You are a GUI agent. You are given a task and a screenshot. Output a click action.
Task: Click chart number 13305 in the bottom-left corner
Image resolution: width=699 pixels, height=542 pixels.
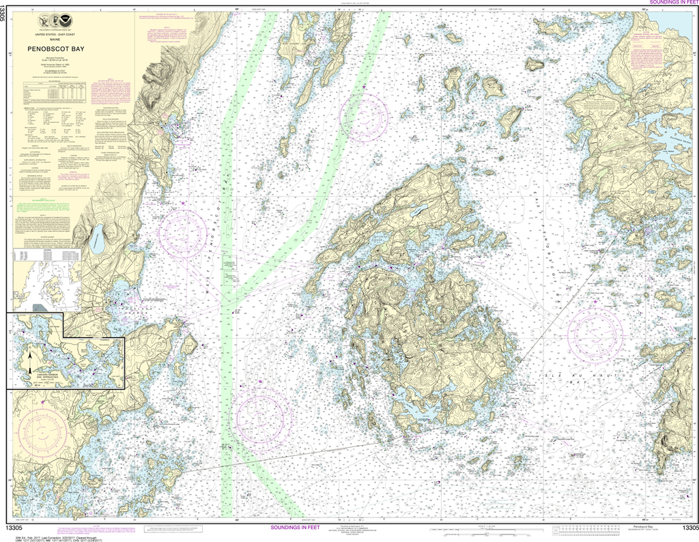(16, 527)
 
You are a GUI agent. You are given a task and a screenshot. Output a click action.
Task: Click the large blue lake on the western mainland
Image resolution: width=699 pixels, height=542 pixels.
(100, 237)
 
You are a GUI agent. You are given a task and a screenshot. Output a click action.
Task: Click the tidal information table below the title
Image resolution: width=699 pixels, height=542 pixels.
(55, 91)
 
